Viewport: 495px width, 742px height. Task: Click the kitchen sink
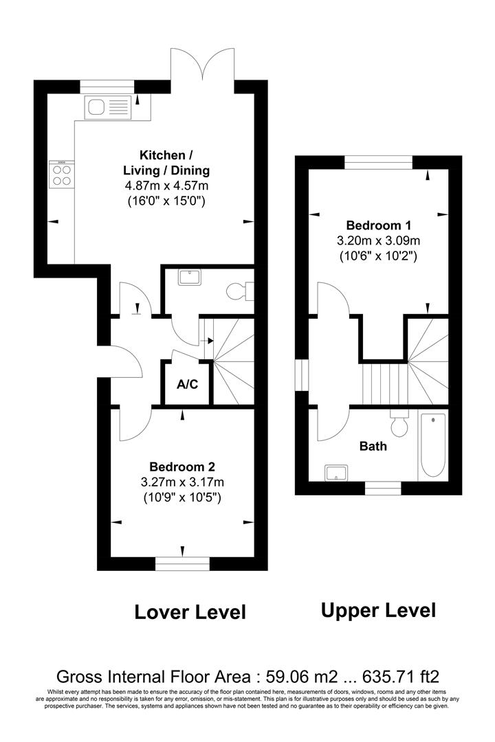[107, 107]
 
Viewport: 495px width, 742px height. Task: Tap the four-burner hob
[62, 175]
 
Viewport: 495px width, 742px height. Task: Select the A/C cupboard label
[187, 384]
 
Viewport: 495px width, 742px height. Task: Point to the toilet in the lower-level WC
[240, 291]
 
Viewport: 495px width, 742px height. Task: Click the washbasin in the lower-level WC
[190, 276]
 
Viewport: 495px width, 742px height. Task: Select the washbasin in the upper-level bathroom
[337, 473]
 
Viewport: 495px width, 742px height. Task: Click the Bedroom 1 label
[379, 225]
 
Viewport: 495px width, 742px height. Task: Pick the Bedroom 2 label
[182, 467]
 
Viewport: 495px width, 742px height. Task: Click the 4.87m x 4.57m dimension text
[166, 185]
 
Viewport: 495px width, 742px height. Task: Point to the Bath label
[373, 447]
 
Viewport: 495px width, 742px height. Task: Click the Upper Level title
[379, 611]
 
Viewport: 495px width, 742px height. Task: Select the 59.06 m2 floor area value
[302, 676]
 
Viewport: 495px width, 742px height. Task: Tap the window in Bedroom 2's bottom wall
[182, 563]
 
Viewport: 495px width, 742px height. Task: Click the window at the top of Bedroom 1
[379, 162]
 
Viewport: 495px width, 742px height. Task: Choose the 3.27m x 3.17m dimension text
[182, 483]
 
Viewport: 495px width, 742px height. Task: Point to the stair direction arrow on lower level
[208, 340]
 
